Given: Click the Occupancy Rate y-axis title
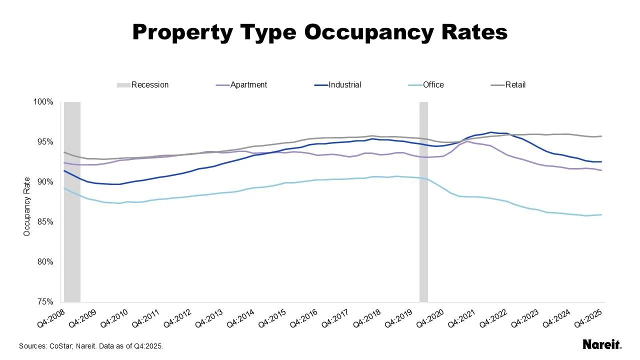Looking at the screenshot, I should click(27, 206).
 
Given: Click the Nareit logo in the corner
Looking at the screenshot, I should click(602, 344).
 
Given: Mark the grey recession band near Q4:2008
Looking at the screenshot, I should click(72, 202).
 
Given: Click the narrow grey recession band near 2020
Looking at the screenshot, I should click(423, 202).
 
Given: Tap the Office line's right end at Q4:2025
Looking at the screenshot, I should click(601, 215).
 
